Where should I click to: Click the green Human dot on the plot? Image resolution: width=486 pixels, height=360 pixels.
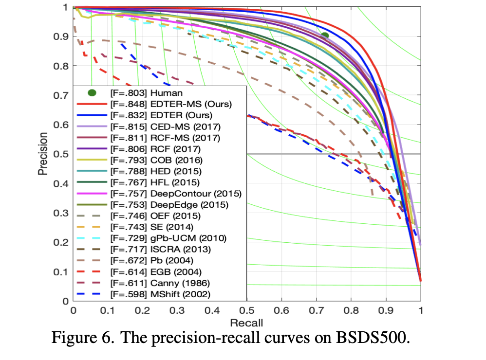click(x=325, y=35)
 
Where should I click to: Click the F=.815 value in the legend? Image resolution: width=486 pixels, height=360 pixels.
click(x=123, y=126)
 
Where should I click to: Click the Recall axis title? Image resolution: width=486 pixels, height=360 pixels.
click(x=247, y=322)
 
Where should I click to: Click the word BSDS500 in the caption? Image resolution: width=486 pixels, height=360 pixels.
click(x=376, y=338)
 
